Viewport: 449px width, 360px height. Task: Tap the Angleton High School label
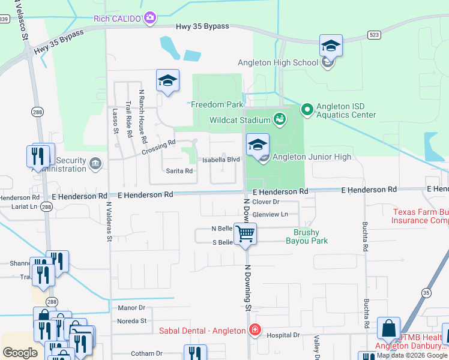[277, 62]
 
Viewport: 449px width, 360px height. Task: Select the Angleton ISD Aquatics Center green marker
[307, 109]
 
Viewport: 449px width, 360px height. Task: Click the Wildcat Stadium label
[240, 120]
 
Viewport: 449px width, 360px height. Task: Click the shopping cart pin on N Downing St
[245, 233]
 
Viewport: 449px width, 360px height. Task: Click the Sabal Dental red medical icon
[255, 331]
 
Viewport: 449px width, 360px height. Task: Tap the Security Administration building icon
[95, 163]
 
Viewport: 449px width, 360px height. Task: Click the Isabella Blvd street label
[221, 160]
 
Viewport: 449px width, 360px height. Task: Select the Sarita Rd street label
[179, 171]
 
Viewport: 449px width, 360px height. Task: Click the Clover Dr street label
[267, 202]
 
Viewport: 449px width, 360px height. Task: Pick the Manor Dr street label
[133, 307]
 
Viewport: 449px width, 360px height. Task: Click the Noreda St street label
[132, 321]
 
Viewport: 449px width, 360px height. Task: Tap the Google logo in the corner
[20, 353]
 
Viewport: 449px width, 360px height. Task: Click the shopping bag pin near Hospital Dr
[388, 329]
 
